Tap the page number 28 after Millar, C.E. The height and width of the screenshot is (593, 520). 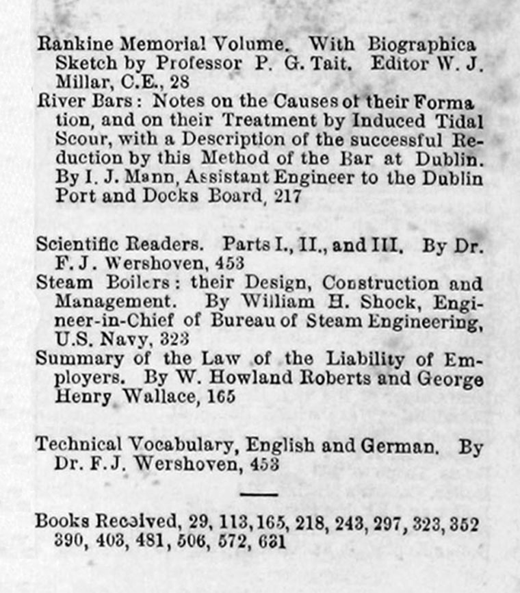pyautogui.click(x=179, y=82)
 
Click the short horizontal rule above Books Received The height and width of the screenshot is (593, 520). pyautogui.click(x=259, y=494)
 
